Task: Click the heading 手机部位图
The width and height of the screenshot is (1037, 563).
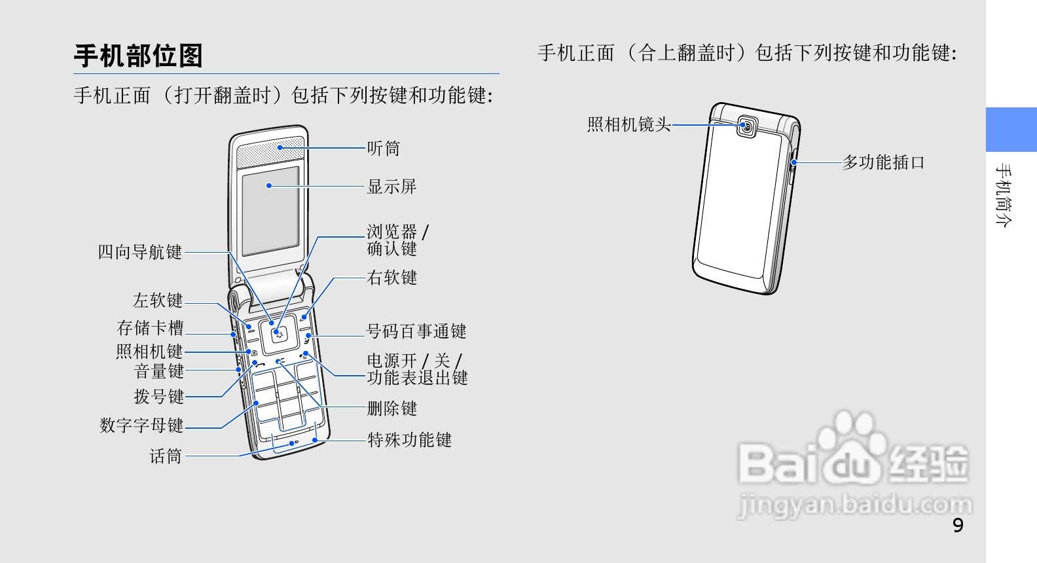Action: pyautogui.click(x=138, y=56)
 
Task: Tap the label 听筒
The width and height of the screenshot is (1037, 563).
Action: pyautogui.click(x=383, y=149)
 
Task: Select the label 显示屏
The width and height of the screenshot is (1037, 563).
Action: pyautogui.click(x=391, y=187)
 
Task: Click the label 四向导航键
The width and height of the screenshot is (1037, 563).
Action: pyautogui.click(x=139, y=252)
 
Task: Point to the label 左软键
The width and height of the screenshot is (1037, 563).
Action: pyautogui.click(x=158, y=300)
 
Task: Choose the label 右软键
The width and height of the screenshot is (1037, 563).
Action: pyautogui.click(x=391, y=278)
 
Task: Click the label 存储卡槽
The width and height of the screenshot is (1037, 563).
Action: pyautogui.click(x=150, y=327)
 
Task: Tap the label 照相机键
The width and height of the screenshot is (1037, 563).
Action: pyautogui.click(x=149, y=352)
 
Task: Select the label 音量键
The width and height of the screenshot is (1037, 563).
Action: pyautogui.click(x=158, y=371)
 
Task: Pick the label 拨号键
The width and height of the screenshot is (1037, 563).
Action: pyautogui.click(x=158, y=397)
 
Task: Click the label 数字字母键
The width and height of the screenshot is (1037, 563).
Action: pyautogui.click(x=141, y=426)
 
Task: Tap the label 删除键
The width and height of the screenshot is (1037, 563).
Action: pyautogui.click(x=391, y=409)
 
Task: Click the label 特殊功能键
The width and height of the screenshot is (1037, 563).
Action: pyautogui.click(x=409, y=440)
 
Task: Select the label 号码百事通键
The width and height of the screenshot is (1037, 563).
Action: pyautogui.click(x=416, y=331)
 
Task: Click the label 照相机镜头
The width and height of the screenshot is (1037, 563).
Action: pyautogui.click(x=628, y=124)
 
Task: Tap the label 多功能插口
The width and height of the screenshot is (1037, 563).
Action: pyautogui.click(x=883, y=162)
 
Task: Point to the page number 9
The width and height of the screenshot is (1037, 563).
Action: pyautogui.click(x=958, y=526)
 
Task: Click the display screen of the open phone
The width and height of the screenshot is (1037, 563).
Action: pyautogui.click(x=270, y=211)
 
